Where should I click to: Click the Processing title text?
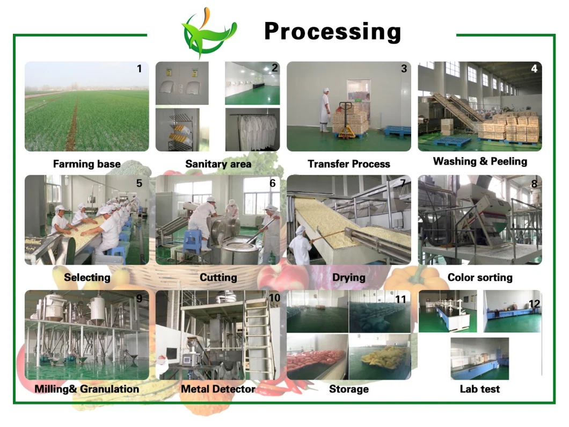(x=332, y=32)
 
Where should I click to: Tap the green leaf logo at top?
(x=209, y=33)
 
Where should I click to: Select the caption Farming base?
(x=87, y=164)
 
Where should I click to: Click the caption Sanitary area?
(x=218, y=164)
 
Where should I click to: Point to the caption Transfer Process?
(x=349, y=164)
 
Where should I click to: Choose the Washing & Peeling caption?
(x=480, y=161)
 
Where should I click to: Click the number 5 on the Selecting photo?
(x=139, y=183)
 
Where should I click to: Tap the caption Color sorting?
(x=480, y=277)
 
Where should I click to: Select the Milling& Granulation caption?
(x=87, y=389)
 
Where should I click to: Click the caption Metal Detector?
(x=218, y=389)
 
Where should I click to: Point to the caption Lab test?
(x=480, y=389)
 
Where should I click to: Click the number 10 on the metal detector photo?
(x=274, y=298)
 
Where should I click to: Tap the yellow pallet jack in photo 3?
(x=346, y=120)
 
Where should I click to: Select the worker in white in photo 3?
(x=325, y=110)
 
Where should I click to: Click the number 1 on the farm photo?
(x=140, y=69)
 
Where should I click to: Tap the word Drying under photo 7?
(x=349, y=278)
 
